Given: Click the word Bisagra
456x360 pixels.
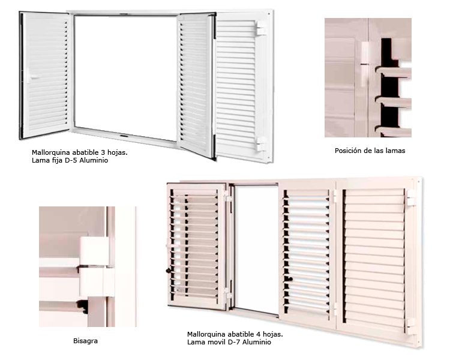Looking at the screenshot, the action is [x=85, y=341].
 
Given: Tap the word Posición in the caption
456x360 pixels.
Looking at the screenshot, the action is [x=346, y=151].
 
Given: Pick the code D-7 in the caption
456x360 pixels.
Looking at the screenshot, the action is [x=234, y=342].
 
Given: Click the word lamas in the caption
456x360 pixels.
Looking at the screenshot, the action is [x=395, y=151].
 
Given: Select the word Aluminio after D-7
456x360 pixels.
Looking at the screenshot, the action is [x=257, y=342].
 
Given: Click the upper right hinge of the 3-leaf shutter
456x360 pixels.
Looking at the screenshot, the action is [x=260, y=28].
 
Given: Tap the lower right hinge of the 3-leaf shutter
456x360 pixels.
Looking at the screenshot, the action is [x=260, y=144].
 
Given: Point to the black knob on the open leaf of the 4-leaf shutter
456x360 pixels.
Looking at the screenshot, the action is [x=169, y=271].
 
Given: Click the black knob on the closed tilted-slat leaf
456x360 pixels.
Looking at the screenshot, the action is [x=290, y=279].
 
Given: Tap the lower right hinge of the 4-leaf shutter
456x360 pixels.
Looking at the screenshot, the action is [x=410, y=326].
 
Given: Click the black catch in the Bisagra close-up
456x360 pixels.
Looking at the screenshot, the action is [x=83, y=307].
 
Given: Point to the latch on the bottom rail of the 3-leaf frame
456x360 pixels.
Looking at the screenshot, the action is [x=124, y=136].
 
